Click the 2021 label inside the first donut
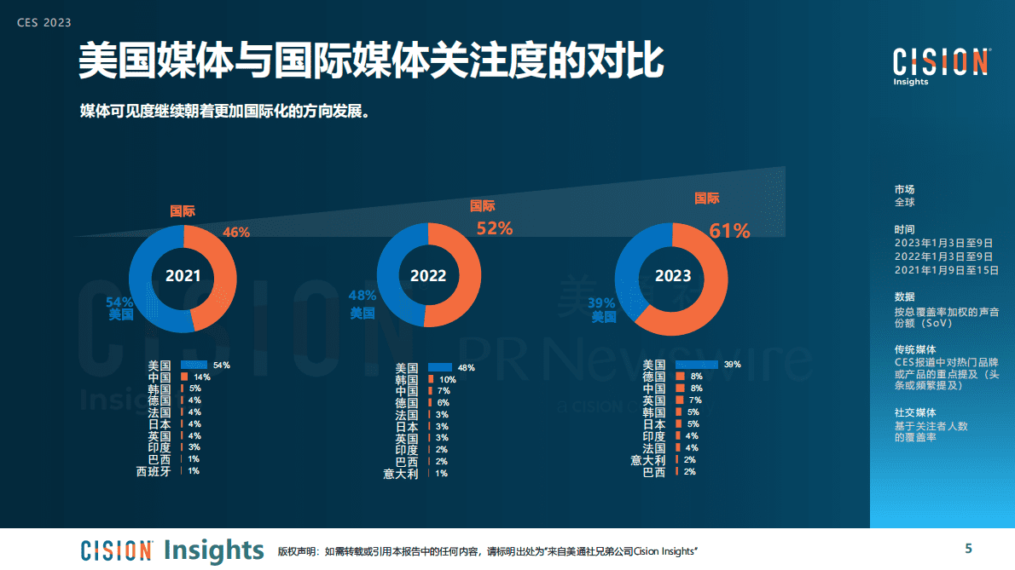point(183,276)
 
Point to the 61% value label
point(729,231)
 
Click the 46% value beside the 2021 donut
point(236,232)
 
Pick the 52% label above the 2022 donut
point(494,228)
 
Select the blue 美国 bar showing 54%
point(194,365)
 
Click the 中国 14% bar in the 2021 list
point(184,377)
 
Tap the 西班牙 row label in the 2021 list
point(154,470)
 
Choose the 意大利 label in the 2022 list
point(400,474)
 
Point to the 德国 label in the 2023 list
point(653,376)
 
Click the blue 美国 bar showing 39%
point(696,364)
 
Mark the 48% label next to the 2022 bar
point(466,368)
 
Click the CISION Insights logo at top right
point(941,65)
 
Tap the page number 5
point(968,548)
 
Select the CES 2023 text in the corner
point(44,23)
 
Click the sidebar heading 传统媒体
point(915,349)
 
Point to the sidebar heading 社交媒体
point(915,412)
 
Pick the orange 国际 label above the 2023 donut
point(706,199)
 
